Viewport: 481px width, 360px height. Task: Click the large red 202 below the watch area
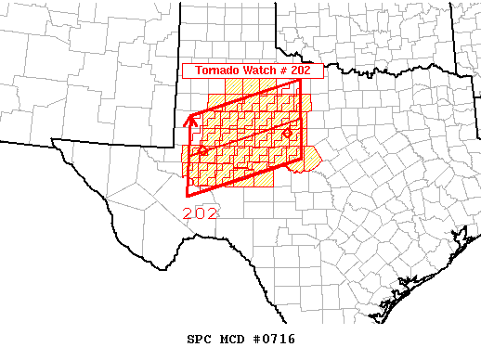[201, 212]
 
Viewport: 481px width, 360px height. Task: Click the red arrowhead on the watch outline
[193, 118]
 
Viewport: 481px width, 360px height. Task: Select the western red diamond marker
[202, 150]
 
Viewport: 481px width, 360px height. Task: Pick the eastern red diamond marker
[287, 134]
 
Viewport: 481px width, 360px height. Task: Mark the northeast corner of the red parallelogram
[301, 80]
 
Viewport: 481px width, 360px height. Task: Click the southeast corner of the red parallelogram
[301, 159]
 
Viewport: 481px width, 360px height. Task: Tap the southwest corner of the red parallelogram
[188, 196]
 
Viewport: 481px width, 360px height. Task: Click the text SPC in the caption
[201, 328]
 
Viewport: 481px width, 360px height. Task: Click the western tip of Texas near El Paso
[53, 142]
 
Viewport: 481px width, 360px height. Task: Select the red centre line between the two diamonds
[245, 142]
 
